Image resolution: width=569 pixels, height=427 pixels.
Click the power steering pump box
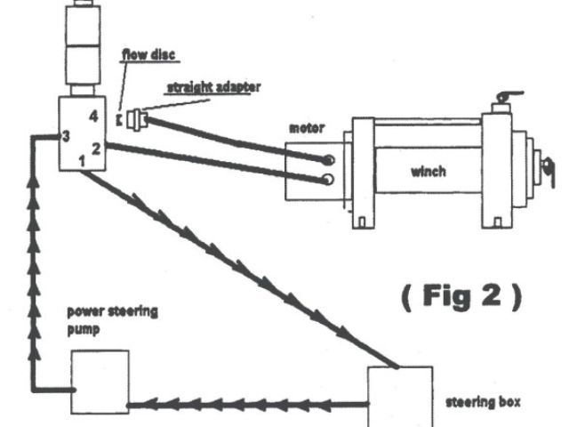[100, 382]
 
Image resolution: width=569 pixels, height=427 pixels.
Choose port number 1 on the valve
[83, 160]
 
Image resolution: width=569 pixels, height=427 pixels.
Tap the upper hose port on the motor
[329, 160]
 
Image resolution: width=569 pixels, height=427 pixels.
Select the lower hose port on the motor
[329, 181]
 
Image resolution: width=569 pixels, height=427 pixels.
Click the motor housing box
[307, 169]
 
